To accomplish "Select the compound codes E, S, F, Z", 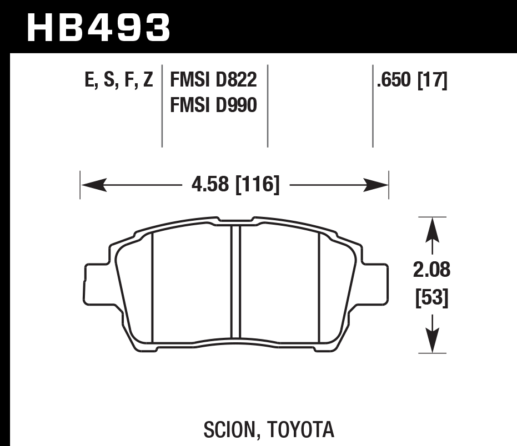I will [119, 82].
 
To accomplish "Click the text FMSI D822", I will [213, 82].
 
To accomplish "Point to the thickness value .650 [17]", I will [411, 82].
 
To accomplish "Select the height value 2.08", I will [432, 271].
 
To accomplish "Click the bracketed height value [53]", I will [432, 299].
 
